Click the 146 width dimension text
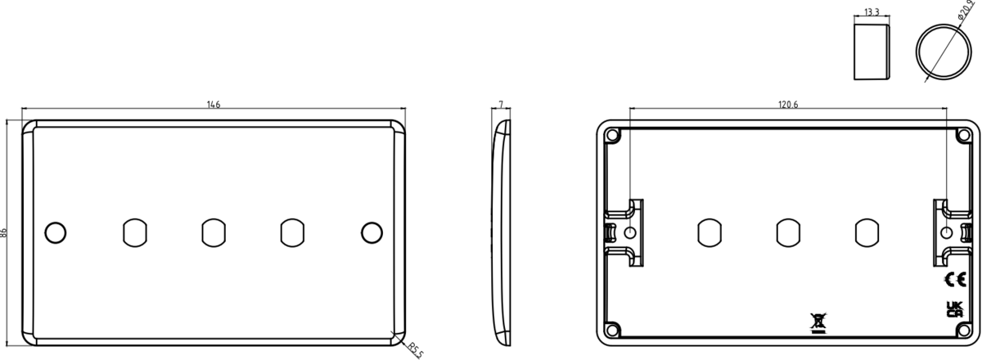coord(214,105)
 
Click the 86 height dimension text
coord(6,233)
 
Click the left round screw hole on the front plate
coord(54,232)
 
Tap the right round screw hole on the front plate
coord(372,232)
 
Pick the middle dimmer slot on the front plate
coord(213,232)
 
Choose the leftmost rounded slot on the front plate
coord(133,232)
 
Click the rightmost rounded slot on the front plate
coord(292,232)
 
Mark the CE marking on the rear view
coord(954,280)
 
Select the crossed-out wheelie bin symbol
coord(818,322)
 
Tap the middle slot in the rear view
coord(788,232)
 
